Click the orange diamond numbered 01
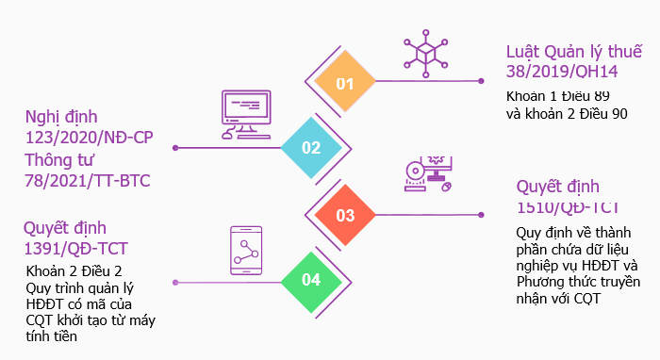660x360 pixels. [345, 81]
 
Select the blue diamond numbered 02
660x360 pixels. [311, 148]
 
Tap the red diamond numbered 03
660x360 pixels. [345, 215]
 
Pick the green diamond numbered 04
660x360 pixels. [311, 282]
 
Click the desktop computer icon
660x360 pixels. [246, 114]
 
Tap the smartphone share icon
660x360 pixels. [246, 251]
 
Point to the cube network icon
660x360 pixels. [425, 54]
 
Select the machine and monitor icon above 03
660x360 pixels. [428, 174]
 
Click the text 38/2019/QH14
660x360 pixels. [562, 72]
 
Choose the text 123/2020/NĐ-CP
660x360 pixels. [90, 138]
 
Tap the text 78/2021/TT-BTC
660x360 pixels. [88, 181]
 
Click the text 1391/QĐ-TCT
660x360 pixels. [75, 249]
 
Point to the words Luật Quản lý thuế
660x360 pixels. [574, 52]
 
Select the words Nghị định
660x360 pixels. [61, 118]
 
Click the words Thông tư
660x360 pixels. [58, 160]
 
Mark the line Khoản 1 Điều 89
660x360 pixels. [558, 96]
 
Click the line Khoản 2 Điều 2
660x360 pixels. [74, 271]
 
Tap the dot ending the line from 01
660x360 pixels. [481, 81]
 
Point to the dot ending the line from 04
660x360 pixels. [175, 283]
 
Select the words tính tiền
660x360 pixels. [51, 336]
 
